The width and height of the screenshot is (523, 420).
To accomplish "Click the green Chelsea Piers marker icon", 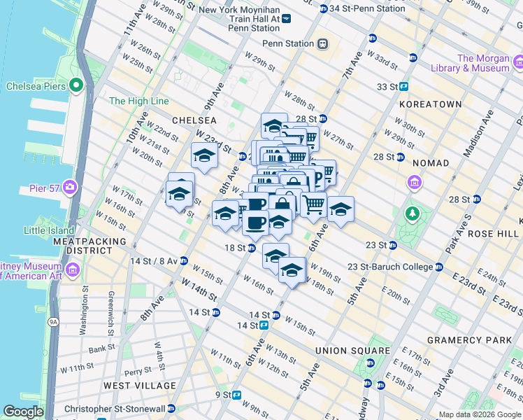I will click(x=76, y=86).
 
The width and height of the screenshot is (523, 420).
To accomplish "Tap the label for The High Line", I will click(x=139, y=101).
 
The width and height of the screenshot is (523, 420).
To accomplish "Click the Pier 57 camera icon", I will click(x=70, y=187).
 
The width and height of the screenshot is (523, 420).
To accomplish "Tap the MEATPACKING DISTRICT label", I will click(x=89, y=246).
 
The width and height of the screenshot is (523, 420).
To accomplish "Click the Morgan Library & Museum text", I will click(x=482, y=64).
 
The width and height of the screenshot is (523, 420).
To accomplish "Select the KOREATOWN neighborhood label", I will click(x=430, y=104).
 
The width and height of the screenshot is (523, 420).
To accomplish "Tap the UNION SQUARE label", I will click(x=352, y=351).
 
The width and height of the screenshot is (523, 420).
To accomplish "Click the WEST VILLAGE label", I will click(x=140, y=386).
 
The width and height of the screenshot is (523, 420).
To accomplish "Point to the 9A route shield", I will click(x=52, y=321).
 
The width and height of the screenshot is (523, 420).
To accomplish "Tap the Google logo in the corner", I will click(x=23, y=412).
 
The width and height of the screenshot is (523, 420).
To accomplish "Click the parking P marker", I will click(x=318, y=178).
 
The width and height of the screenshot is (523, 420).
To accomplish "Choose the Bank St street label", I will click(x=101, y=348).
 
